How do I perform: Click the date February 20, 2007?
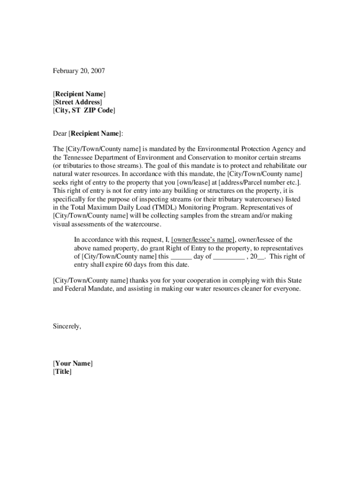tap(79, 71)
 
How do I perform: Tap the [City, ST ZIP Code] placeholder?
tap(84, 110)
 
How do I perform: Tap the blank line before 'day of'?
tap(181, 257)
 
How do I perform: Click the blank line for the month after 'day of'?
tap(229, 257)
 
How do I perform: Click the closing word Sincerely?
tap(67, 327)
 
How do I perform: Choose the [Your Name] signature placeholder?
tap(72, 363)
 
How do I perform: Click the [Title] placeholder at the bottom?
tap(62, 372)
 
